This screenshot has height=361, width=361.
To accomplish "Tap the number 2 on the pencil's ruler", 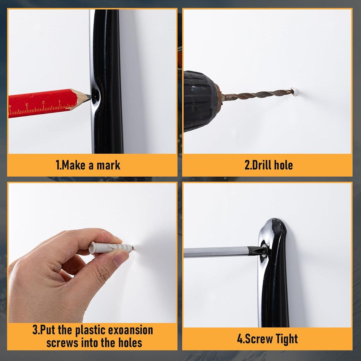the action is (x=43, y=102).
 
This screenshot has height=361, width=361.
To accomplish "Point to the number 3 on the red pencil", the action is (x=27, y=104).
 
